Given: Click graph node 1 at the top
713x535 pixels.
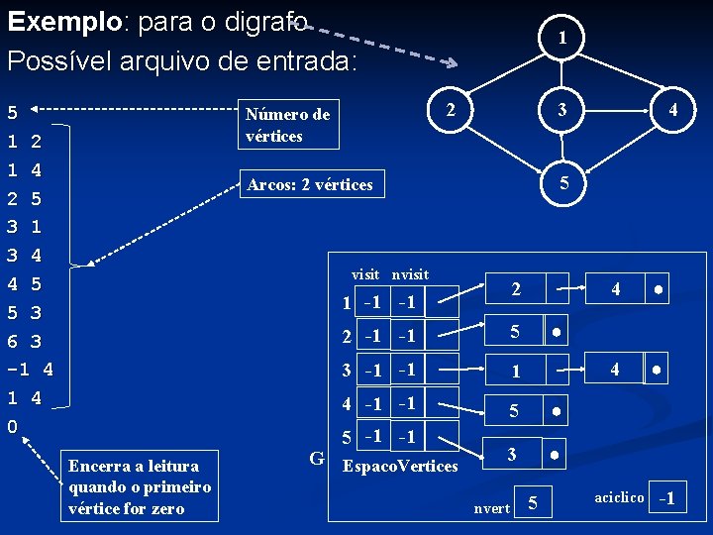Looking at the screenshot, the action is pyautogui.click(x=561, y=38).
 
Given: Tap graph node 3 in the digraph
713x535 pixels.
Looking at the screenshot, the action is pyautogui.click(x=561, y=110).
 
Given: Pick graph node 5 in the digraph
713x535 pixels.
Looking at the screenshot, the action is pyautogui.click(x=563, y=183).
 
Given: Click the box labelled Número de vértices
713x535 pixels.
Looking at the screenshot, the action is pyautogui.click(x=291, y=125).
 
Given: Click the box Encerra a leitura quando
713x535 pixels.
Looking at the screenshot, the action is pyautogui.click(x=140, y=487).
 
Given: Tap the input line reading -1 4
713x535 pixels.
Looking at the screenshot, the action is pyautogui.click(x=30, y=370).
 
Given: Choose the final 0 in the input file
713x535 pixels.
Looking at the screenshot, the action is pyautogui.click(x=12, y=427).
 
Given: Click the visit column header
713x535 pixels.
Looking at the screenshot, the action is pyautogui.click(x=365, y=273).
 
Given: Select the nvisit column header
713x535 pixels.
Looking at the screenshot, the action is pyautogui.click(x=410, y=273).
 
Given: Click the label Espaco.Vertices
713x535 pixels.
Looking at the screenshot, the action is pyautogui.click(x=399, y=466).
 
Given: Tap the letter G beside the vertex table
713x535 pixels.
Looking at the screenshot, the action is pyautogui.click(x=317, y=458).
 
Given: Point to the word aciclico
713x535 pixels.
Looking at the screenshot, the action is pyautogui.click(x=620, y=496).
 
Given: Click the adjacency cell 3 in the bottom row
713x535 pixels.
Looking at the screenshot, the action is pyautogui.click(x=511, y=454).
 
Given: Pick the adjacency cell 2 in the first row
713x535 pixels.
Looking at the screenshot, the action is pyautogui.click(x=515, y=289).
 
